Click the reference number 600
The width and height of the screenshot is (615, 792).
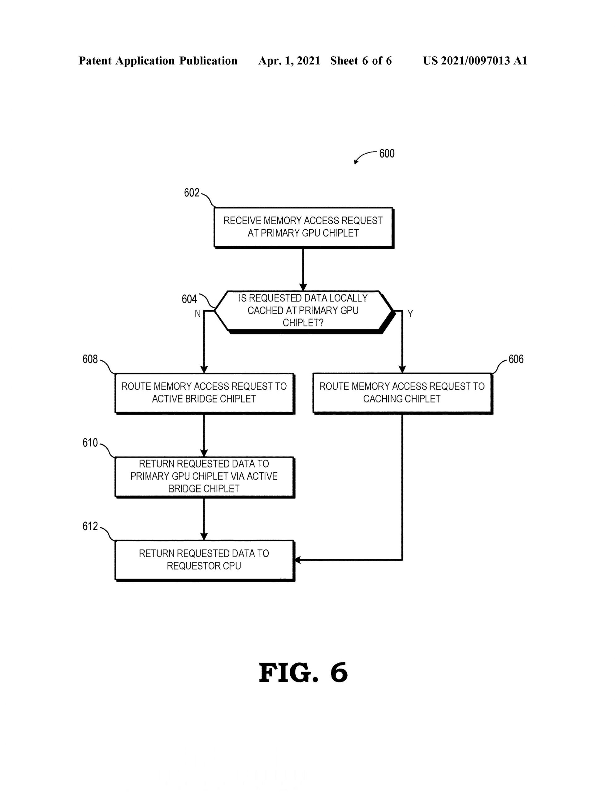click(387, 154)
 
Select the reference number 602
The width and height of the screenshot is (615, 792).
click(192, 192)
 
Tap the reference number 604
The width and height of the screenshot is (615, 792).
click(189, 299)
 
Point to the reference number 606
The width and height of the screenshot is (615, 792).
click(516, 359)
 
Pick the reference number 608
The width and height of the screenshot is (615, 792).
click(90, 359)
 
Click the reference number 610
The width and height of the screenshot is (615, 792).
click(90, 443)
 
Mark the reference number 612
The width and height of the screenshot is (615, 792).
click(90, 526)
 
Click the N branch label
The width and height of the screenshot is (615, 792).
click(198, 314)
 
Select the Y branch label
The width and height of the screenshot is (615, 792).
click(410, 314)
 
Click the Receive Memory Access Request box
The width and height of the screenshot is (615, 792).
click(303, 227)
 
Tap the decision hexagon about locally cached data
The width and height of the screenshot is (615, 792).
click(303, 311)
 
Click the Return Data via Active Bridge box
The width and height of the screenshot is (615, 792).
click(204, 476)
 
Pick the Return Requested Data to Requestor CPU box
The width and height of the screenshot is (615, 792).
click(204, 560)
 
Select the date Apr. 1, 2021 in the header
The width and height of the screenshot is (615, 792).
click(289, 61)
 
